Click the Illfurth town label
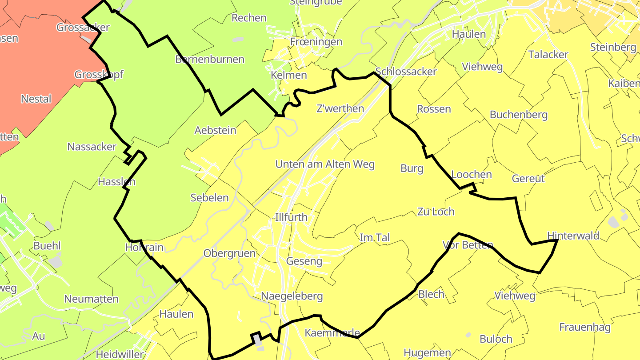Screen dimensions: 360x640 pos(291,218)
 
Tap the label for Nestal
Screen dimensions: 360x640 pos(36,99)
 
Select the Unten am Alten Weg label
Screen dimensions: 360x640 pos(325,164)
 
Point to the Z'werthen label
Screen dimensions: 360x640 pos(340,108)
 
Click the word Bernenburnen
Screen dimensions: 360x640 pos(210,59)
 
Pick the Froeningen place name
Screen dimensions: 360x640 pos(316,42)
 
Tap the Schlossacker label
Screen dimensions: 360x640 pos(406,71)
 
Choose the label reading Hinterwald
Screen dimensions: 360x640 pos(573,236)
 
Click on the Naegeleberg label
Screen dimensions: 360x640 pos(292,296)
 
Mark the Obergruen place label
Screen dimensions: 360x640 pos(229,253)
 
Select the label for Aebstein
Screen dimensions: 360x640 pos(216,130)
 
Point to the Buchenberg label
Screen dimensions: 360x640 pos(518,115)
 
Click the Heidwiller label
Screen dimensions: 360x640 pos(120,354)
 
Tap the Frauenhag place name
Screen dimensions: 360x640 pos(585,328)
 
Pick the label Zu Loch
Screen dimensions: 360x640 pos(436,212)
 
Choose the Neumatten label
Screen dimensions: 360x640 pos(92,299)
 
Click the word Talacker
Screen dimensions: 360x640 pos(548,54)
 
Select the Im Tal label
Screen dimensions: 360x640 pos(375,238)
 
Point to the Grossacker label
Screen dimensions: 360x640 pos(83,27)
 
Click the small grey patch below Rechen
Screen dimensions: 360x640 pos(238,39)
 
